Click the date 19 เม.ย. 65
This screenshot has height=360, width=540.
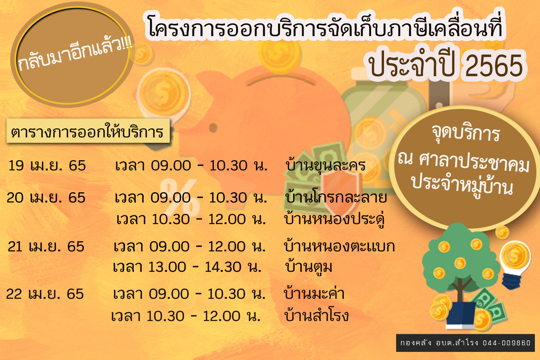pos(47,166)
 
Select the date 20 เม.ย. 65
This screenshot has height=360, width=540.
pos(46,198)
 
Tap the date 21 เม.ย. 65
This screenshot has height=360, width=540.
pos(46,247)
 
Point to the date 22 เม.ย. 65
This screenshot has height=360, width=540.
pos(45,294)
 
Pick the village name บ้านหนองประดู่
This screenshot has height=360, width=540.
pos(334,219)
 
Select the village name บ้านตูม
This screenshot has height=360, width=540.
pos(309,266)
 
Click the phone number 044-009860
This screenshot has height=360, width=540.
pos(507,343)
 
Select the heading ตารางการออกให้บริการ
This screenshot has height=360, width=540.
pos(88,131)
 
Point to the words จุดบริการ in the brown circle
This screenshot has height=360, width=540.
pos(466,133)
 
